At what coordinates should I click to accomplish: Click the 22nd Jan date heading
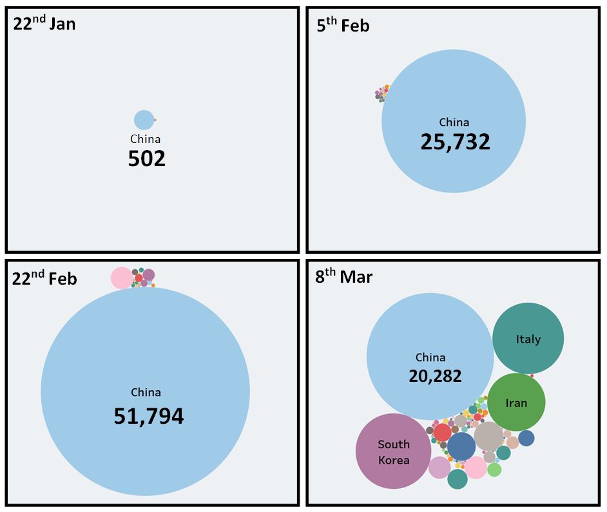tap(44, 24)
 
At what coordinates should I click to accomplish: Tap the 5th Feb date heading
tap(343, 26)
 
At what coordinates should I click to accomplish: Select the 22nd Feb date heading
tap(44, 278)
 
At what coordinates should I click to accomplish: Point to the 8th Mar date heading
tap(343, 277)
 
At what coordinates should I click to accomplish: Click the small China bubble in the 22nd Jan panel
tap(144, 120)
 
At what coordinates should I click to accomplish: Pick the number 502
tap(146, 158)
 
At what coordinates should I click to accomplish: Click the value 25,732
tap(455, 142)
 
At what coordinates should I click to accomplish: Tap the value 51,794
tap(148, 416)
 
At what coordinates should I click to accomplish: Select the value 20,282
tap(435, 375)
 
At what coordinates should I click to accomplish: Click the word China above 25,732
tap(454, 122)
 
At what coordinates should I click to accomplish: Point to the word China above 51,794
tap(146, 392)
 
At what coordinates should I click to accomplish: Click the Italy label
tap(528, 339)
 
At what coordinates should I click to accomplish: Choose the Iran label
tap(516, 403)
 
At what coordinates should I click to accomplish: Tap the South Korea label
tap(393, 452)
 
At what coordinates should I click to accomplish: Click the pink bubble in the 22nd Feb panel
tap(120, 278)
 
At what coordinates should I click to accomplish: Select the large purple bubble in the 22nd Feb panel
tap(149, 275)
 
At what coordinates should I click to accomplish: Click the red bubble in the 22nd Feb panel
tap(139, 278)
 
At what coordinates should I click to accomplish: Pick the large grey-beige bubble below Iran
tap(488, 436)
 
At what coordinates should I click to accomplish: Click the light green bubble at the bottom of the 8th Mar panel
tap(494, 469)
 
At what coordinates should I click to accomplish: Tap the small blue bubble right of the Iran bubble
tap(526, 438)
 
